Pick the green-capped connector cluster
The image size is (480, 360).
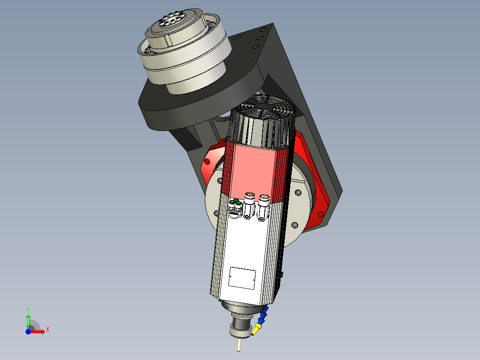(x=235, y=204)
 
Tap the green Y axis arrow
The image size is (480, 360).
(x=28, y=320)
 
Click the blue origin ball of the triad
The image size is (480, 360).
(x=28, y=332)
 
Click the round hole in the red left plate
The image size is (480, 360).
(x=207, y=161)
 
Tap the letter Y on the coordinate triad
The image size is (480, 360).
(x=28, y=309)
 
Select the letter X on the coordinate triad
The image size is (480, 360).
(x=48, y=329)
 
